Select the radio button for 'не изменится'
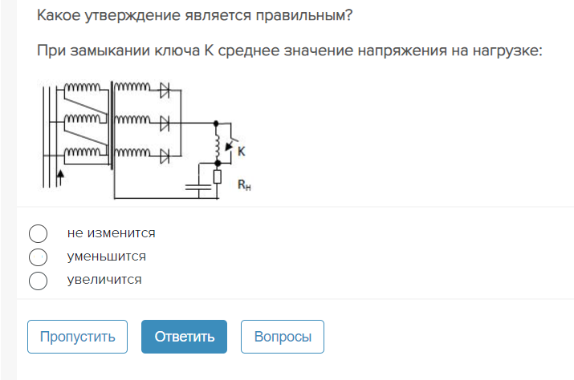[x=38, y=233]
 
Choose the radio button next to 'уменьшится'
[x=38, y=257]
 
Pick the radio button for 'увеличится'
[x=38, y=281]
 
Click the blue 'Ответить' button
[x=184, y=337]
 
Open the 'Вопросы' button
[x=283, y=337]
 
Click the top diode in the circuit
[x=165, y=90]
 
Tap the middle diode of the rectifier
[x=165, y=123]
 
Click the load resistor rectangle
[x=218, y=176]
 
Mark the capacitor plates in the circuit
[x=198, y=188]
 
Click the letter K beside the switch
[x=242, y=151]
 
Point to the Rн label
[x=244, y=184]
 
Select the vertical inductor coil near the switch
[x=217, y=144]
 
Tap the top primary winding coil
[x=83, y=87]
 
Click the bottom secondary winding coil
[x=132, y=152]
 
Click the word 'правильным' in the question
[x=303, y=16]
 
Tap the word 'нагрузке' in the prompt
[x=507, y=51]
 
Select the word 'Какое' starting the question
[x=59, y=15]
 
